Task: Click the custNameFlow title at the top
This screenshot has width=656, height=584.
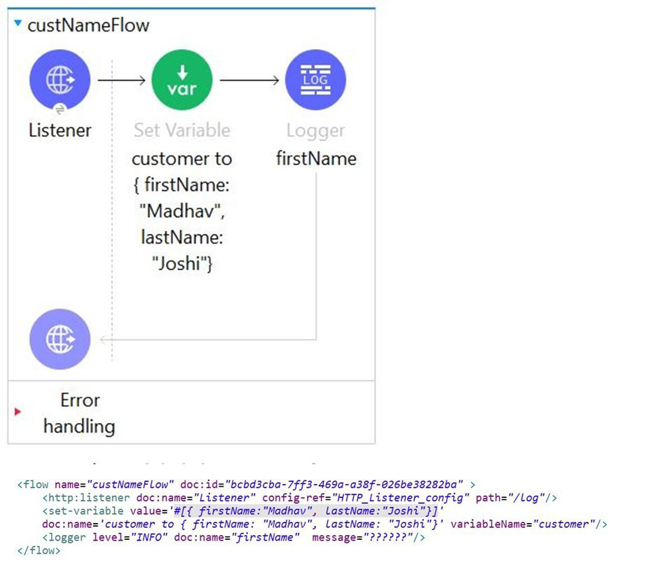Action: tap(88, 26)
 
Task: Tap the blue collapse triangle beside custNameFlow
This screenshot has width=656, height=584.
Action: tap(18, 24)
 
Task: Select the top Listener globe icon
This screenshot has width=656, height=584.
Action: tap(60, 80)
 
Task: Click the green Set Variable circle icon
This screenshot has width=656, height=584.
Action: tap(182, 80)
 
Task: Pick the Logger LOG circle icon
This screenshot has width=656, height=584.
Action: tap(315, 80)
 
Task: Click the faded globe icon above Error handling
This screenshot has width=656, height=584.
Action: tap(60, 340)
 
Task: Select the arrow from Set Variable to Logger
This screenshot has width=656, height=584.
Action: tap(249, 80)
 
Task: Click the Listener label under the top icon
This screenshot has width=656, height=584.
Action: tap(60, 130)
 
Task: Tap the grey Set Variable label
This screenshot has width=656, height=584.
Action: tap(182, 130)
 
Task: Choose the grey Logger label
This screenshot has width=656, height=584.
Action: tap(315, 130)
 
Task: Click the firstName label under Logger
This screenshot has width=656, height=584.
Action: tap(315, 159)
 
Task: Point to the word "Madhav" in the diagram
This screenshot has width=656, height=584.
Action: tap(182, 211)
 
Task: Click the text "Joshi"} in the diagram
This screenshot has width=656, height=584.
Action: tap(182, 264)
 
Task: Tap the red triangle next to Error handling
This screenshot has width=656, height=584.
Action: tap(18, 412)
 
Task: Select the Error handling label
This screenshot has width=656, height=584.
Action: tap(79, 413)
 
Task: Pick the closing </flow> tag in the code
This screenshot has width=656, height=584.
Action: tap(39, 550)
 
